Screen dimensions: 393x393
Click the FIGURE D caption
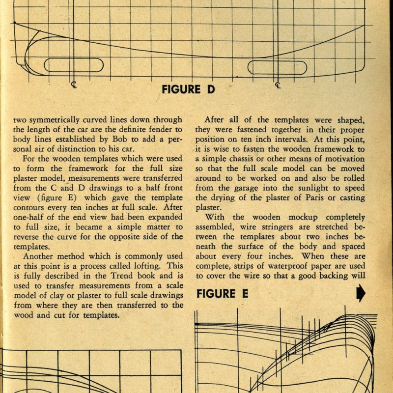click(x=188, y=89)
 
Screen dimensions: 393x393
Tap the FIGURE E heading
click(x=223, y=294)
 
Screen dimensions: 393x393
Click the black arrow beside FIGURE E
click(x=361, y=293)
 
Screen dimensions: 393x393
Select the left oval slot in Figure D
click(x=74, y=65)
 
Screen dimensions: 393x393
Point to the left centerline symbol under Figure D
click(x=74, y=85)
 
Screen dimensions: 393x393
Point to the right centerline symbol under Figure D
click(x=278, y=85)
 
